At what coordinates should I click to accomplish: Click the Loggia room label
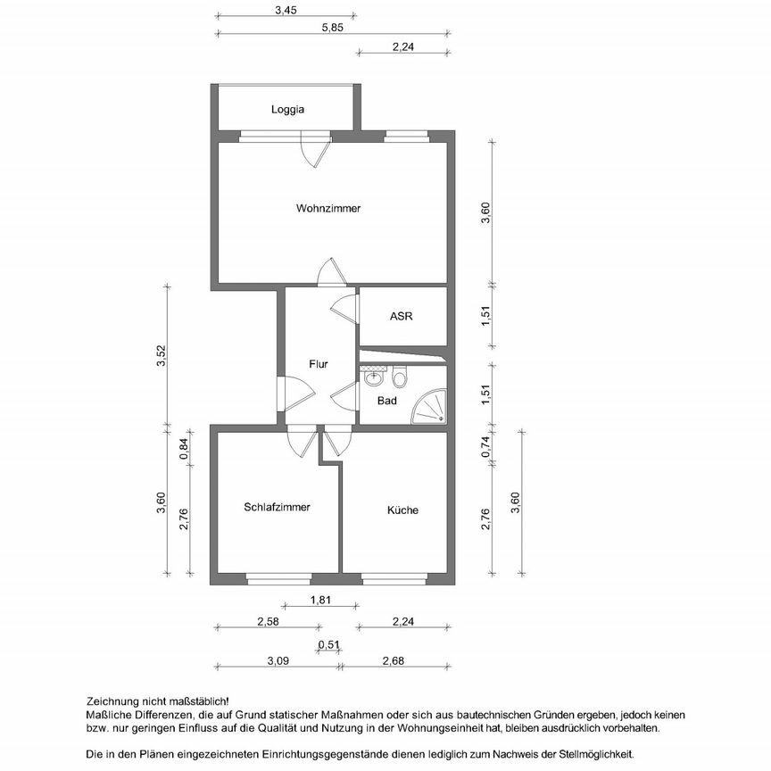coord(288,110)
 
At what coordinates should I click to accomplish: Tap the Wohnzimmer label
coord(328,208)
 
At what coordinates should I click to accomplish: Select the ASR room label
coord(401,317)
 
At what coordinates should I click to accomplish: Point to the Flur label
coord(318,364)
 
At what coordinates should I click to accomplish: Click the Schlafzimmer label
coord(277,507)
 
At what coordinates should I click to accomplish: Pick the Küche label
coord(402,510)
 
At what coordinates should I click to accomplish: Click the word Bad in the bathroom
coord(386,401)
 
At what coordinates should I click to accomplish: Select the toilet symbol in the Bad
coord(400,378)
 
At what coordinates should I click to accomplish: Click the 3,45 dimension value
coord(286,11)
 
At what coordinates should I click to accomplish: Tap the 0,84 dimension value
coord(185,449)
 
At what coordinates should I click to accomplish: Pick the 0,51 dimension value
coord(329,644)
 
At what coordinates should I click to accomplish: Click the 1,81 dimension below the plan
coord(320,601)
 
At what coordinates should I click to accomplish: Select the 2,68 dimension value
coord(394,661)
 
